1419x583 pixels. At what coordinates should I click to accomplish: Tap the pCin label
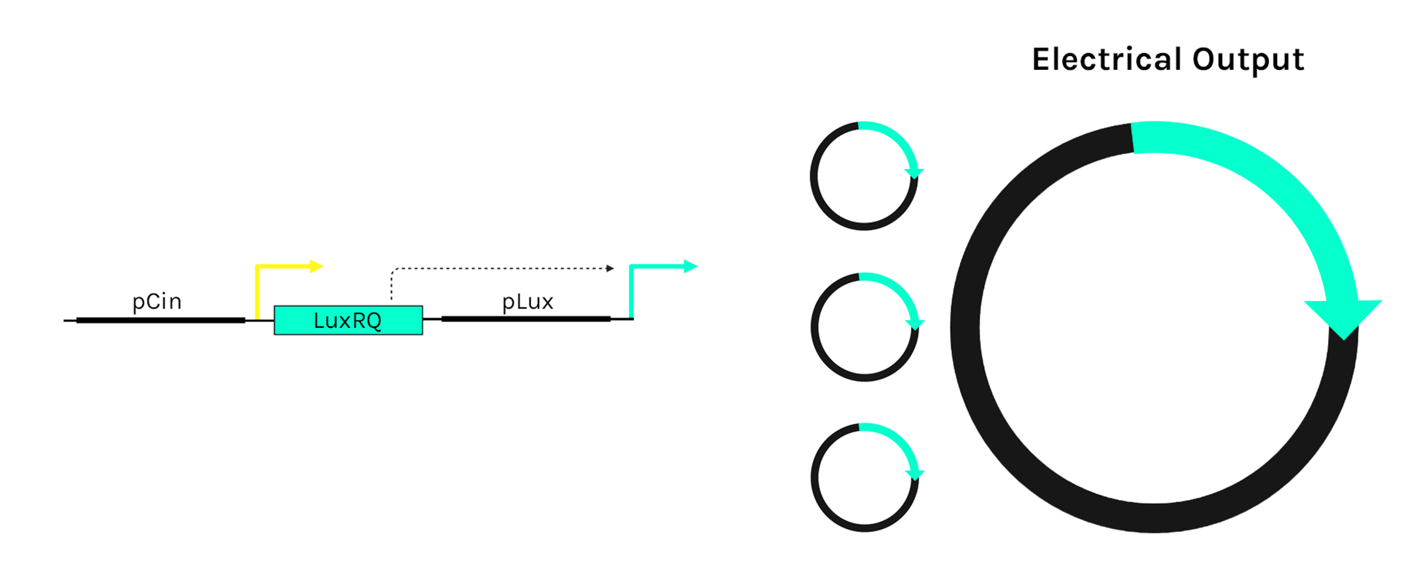pyautogui.click(x=157, y=301)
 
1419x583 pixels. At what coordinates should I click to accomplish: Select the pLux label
pyautogui.click(x=527, y=301)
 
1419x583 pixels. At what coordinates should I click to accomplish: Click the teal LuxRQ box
pyautogui.click(x=348, y=321)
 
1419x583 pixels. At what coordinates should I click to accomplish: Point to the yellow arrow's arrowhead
pyautogui.click(x=316, y=266)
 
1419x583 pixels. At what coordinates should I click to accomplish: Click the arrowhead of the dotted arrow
pyautogui.click(x=610, y=268)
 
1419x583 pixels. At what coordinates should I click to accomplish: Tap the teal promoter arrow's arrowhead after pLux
pyautogui.click(x=691, y=266)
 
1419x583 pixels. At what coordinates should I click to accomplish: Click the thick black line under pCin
pyautogui.click(x=160, y=320)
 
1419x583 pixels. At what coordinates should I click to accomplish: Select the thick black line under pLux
pyautogui.click(x=526, y=318)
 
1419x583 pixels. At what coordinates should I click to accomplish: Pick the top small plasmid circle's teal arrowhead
pyautogui.click(x=914, y=173)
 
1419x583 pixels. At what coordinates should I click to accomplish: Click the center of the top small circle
pyautogui.click(x=864, y=176)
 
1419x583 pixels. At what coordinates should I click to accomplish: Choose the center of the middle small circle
pyautogui.click(x=865, y=327)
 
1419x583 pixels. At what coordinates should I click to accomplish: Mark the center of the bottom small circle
pyautogui.click(x=865, y=478)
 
